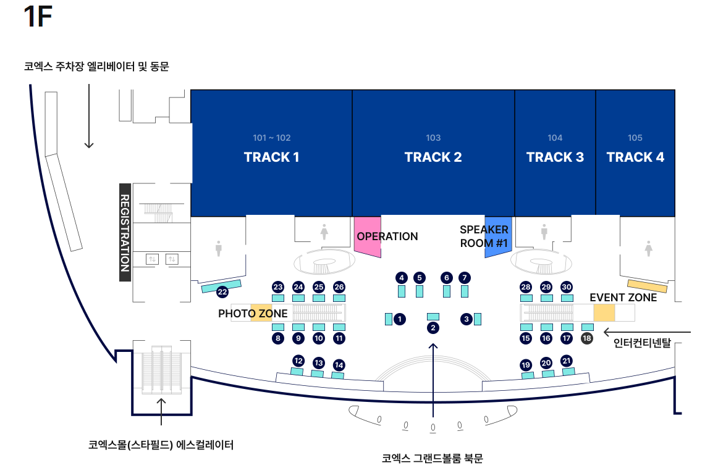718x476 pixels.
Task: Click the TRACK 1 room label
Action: (x=271, y=157)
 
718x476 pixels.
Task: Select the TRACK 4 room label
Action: (x=635, y=157)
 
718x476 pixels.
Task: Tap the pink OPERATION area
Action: (x=367, y=236)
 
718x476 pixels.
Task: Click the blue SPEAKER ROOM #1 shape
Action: (x=498, y=236)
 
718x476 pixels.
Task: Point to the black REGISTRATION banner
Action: (x=124, y=232)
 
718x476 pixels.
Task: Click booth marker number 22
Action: (x=222, y=292)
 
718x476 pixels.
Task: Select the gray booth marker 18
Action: (x=587, y=338)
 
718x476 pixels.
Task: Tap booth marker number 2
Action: (x=433, y=328)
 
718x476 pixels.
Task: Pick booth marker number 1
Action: (x=400, y=319)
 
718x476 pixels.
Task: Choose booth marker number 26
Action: (x=339, y=287)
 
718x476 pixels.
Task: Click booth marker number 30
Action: (x=567, y=287)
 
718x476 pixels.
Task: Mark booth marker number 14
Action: (x=339, y=365)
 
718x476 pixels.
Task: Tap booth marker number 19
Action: (x=526, y=365)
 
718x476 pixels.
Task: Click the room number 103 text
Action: (x=433, y=138)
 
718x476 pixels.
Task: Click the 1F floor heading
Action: (x=37, y=17)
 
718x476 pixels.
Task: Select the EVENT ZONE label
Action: (x=623, y=298)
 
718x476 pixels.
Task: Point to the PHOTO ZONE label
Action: (x=253, y=314)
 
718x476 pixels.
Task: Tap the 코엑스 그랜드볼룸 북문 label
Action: (x=432, y=459)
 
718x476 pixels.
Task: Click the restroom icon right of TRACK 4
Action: (x=648, y=249)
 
